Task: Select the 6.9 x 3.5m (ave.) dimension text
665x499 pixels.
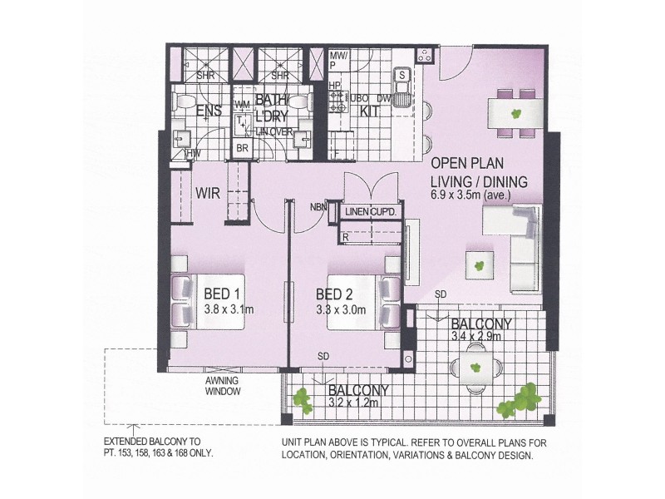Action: pos(470,195)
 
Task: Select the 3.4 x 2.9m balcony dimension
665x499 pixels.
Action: pos(475,338)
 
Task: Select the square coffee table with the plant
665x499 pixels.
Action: pos(479,265)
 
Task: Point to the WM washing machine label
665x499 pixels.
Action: pos(243,104)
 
